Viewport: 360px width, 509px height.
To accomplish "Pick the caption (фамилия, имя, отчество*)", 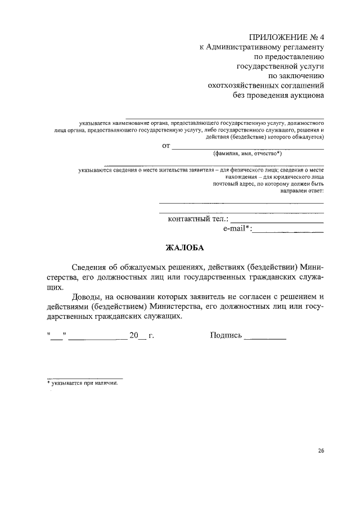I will [x=247, y=153].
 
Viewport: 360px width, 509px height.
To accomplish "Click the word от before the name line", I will [x=166, y=146].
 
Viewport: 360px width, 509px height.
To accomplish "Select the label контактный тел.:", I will [x=198, y=219].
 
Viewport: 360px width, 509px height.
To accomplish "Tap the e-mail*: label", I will [x=236, y=229].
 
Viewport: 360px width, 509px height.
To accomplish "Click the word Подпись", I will [x=226, y=336].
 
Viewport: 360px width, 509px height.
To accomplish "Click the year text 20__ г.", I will [x=141, y=336].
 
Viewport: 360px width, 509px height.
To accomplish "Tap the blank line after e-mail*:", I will [x=287, y=232].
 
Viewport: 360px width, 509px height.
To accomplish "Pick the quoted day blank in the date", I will [x=57, y=337].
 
